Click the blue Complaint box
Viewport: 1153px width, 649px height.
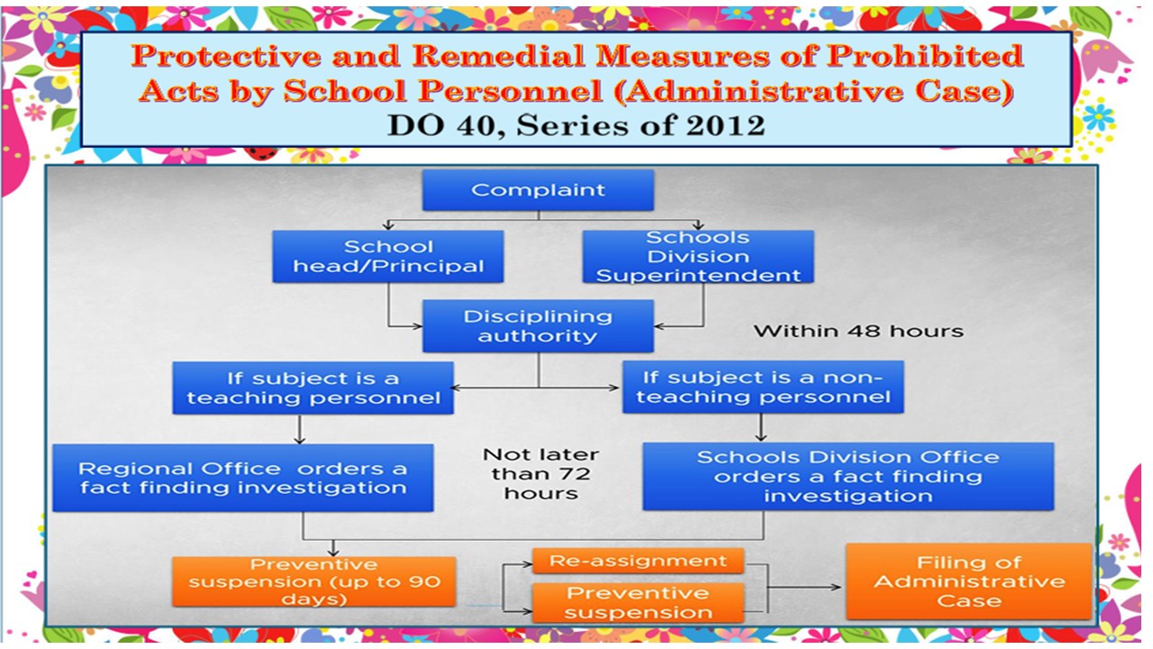coord(538,190)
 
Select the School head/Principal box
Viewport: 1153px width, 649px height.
coord(387,257)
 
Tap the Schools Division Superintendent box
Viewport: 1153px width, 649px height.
coord(698,257)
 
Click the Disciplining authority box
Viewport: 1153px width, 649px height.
coord(538,326)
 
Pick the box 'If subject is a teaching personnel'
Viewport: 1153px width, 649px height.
coord(313,388)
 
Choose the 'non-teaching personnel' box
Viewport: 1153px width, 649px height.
coord(763,387)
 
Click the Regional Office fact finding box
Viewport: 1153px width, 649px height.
coord(243,478)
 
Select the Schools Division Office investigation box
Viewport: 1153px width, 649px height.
coord(849,477)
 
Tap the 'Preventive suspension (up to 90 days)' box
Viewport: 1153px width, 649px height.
coord(314,581)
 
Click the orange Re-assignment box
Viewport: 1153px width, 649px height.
coord(639,561)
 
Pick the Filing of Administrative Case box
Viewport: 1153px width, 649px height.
coord(968,581)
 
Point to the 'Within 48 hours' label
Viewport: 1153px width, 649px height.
coord(858,331)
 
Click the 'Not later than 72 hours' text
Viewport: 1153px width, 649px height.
coord(540,474)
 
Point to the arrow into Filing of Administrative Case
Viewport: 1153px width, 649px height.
coord(804,587)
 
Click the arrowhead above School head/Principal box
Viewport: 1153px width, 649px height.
coord(388,225)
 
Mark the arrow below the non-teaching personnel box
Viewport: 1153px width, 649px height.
coord(761,427)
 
